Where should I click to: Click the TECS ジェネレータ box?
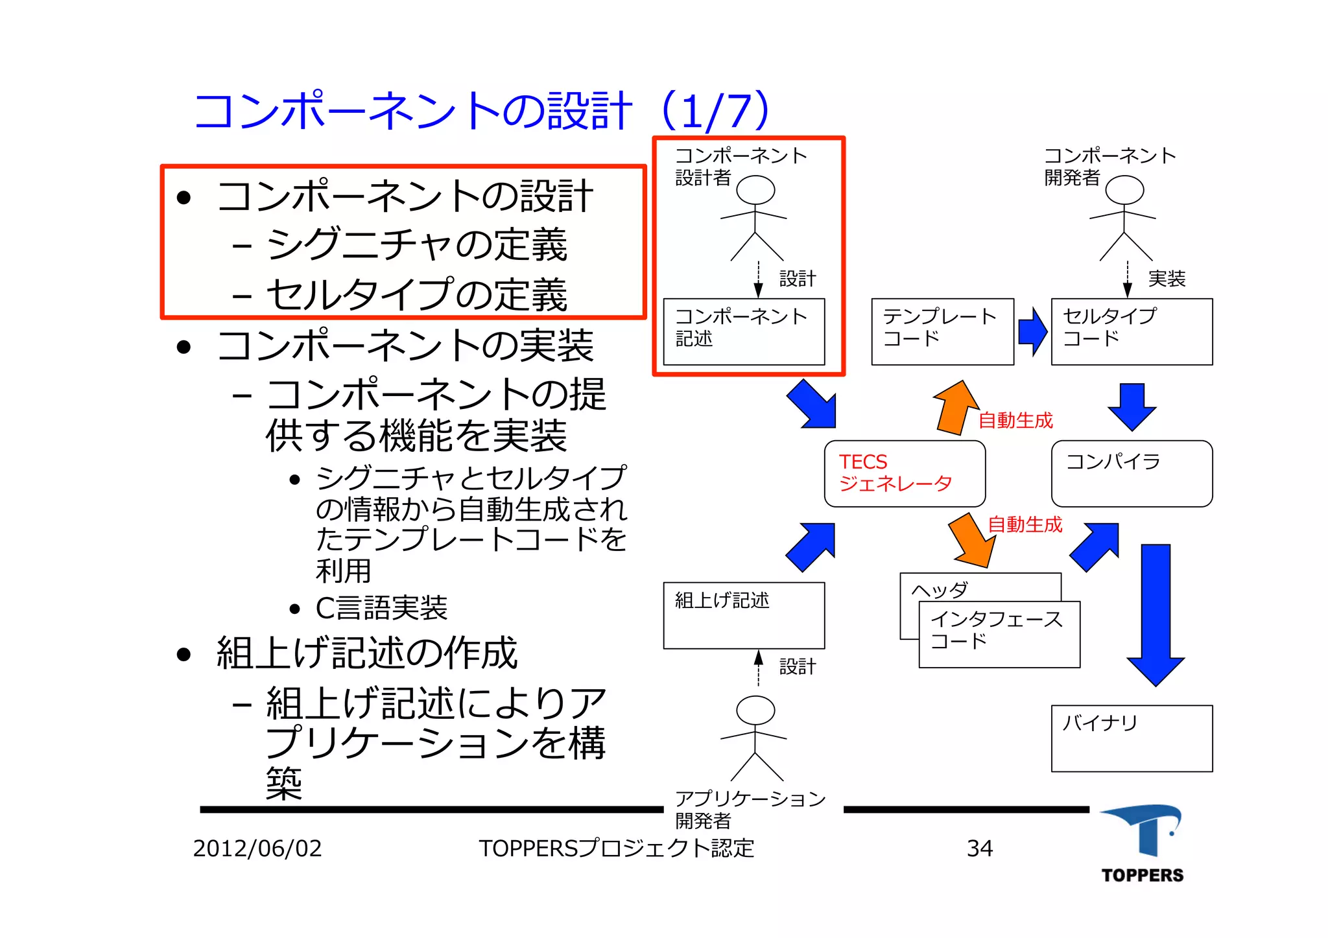click(x=904, y=473)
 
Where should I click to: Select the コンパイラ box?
click(x=1132, y=473)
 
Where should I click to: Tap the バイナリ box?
click(x=1132, y=738)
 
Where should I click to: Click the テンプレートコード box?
click(x=942, y=331)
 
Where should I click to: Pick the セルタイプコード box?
click(x=1132, y=331)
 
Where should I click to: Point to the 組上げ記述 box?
click(x=744, y=615)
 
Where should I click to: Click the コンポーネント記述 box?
click(x=744, y=331)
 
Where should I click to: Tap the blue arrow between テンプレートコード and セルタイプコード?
click(x=1032, y=331)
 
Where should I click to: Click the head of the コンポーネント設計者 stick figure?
click(x=755, y=190)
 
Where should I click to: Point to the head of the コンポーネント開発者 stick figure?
click(x=1124, y=190)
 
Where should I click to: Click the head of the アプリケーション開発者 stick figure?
click(x=755, y=710)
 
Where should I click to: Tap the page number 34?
click(x=979, y=848)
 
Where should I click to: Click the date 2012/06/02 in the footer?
click(x=257, y=848)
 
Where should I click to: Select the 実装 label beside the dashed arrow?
click(x=1167, y=279)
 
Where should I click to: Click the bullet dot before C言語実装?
click(x=295, y=609)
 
